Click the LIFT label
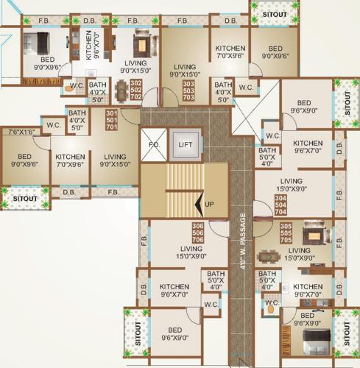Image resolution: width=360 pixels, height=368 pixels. (184, 145)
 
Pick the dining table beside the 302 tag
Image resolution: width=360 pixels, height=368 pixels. (121, 91)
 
